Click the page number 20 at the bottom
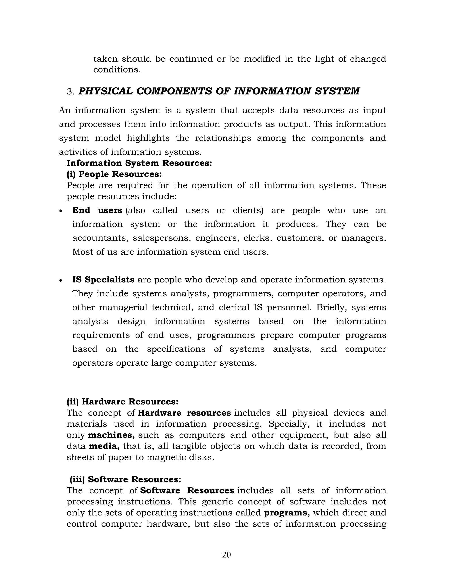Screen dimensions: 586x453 click(x=226, y=555)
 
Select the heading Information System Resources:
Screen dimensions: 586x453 click(x=139, y=163)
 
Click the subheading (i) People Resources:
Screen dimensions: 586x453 click(x=114, y=174)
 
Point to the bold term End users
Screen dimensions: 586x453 click(x=97, y=210)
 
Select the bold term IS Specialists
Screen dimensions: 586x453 click(x=103, y=280)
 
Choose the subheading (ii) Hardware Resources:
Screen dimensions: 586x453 click(x=122, y=402)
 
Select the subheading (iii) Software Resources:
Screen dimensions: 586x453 click(x=125, y=479)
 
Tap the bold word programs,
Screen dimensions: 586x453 click(x=287, y=513)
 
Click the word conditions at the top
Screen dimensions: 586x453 click(x=117, y=70)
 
